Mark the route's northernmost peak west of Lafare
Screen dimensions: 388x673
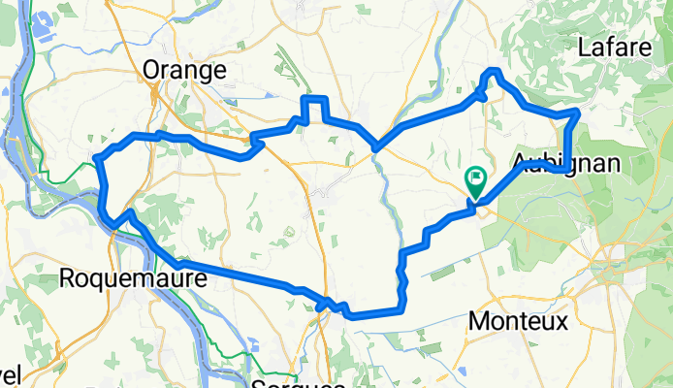point(495,72)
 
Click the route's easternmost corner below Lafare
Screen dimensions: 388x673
point(578,113)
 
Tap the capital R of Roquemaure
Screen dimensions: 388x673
point(67,278)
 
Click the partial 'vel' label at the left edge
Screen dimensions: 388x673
point(10,374)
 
